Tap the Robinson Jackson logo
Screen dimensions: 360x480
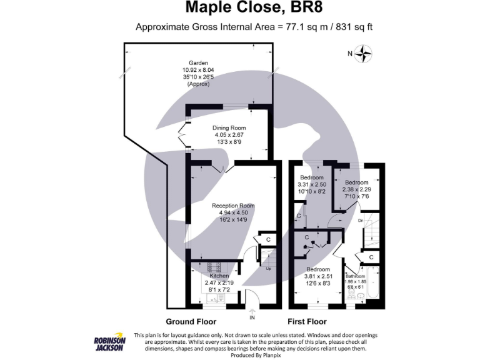(109, 343)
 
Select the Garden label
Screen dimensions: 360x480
(197, 62)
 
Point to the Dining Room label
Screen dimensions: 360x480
(229, 127)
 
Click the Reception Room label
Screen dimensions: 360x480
(232, 206)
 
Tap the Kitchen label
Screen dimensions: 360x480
(219, 276)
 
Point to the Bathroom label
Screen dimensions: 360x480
(355, 276)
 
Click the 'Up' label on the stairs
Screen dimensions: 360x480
(269, 269)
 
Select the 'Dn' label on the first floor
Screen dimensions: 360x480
(360, 221)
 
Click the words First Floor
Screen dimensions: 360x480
(307, 322)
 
